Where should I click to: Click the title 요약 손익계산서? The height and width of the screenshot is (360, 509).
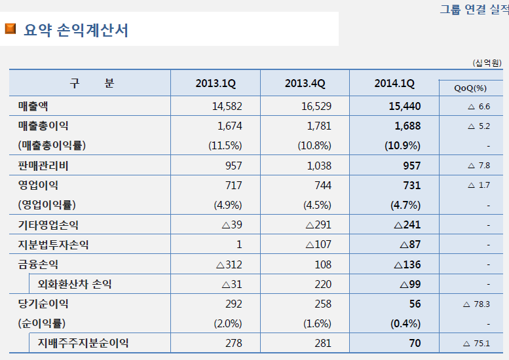(x=76, y=30)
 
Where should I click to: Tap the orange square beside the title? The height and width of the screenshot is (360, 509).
(x=10, y=29)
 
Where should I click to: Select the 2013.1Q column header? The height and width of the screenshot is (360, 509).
(x=216, y=83)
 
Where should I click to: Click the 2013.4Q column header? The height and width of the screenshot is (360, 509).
(x=305, y=83)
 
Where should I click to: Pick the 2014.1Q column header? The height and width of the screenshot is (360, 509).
(x=394, y=83)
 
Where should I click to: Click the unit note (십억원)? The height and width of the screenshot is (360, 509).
(x=487, y=63)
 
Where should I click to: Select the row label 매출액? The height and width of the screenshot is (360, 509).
(x=33, y=106)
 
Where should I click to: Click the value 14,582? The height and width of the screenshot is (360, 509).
(x=227, y=106)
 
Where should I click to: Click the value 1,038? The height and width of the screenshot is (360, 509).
(x=319, y=166)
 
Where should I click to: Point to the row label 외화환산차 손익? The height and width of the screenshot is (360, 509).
(x=73, y=284)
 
